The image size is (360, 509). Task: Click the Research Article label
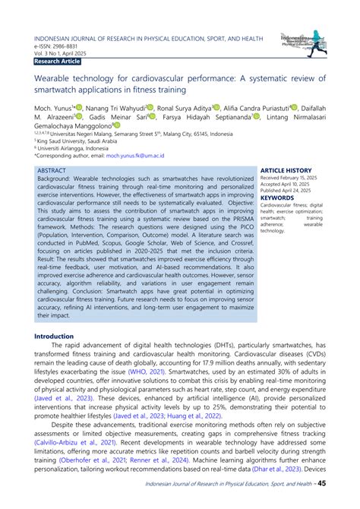[58, 60]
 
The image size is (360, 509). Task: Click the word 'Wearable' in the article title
[55, 79]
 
